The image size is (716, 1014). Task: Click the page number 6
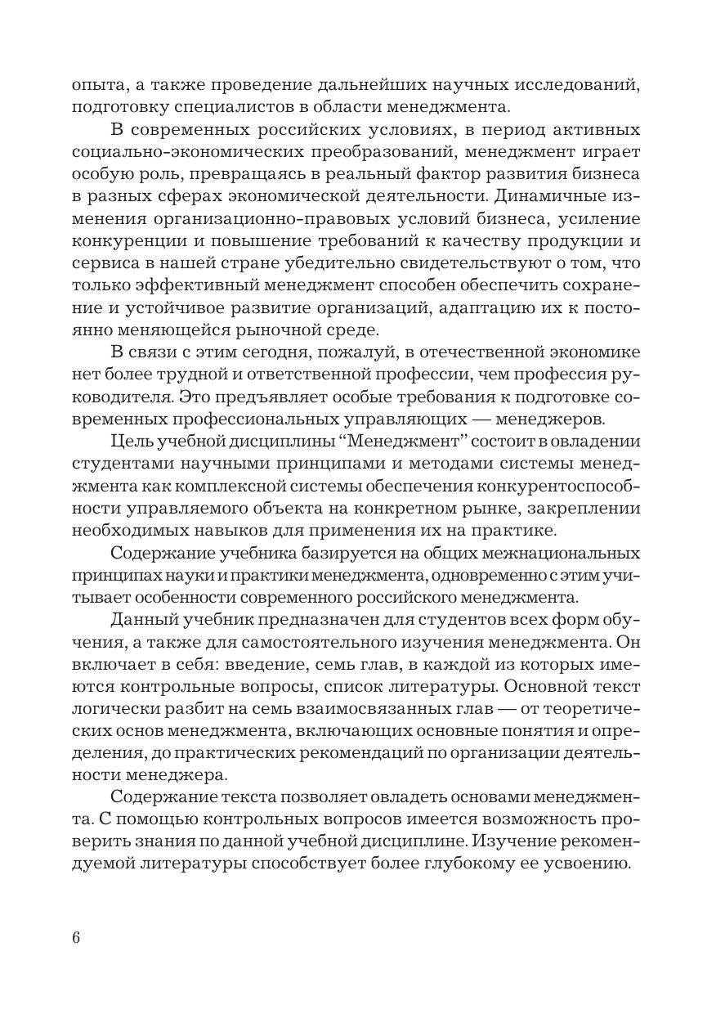(x=76, y=937)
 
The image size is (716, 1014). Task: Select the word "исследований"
(x=584, y=85)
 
